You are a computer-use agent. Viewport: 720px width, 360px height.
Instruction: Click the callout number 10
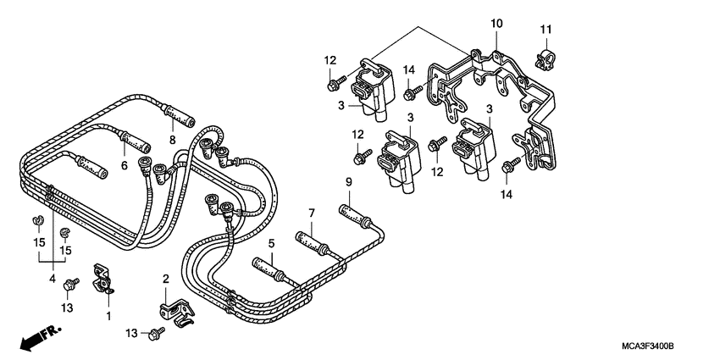[x=496, y=23]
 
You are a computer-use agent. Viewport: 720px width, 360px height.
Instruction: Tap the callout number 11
[x=546, y=31]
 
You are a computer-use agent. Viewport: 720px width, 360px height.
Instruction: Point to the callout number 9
[x=347, y=182]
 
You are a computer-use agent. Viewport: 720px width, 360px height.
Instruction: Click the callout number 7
[x=311, y=213]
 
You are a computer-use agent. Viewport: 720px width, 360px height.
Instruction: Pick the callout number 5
[x=272, y=245]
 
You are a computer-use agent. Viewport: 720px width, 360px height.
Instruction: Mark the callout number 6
[x=125, y=165]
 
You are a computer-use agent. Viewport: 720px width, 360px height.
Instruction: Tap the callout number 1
[x=108, y=315]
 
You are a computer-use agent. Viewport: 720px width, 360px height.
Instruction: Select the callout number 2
[x=166, y=278]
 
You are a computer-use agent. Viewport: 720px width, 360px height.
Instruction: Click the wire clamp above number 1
[x=102, y=277]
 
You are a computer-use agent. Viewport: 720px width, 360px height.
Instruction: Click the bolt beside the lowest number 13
[x=156, y=335]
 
